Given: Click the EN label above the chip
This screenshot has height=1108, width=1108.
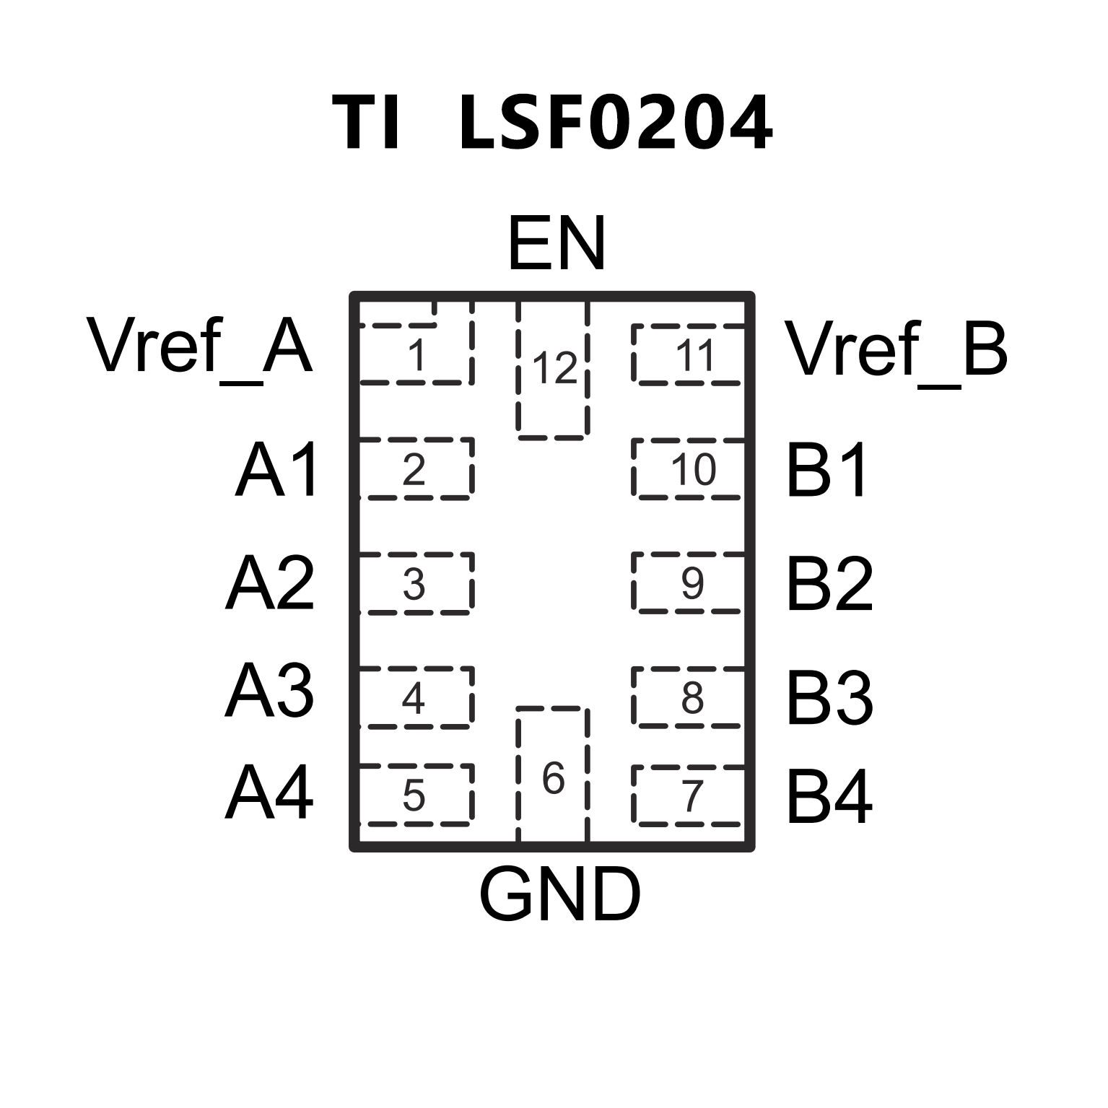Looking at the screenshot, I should (556, 245).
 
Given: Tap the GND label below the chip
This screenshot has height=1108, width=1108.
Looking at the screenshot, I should (559, 895).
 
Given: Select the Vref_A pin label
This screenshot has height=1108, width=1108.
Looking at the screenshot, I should (200, 348).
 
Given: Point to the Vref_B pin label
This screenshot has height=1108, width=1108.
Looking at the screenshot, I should (896, 349).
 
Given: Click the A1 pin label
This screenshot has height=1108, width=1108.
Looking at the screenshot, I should (277, 471).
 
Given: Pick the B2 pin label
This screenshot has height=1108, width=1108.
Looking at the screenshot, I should (829, 584).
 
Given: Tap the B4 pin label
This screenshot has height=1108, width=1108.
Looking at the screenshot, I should (829, 797).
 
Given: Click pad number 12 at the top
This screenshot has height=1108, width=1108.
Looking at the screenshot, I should (554, 368).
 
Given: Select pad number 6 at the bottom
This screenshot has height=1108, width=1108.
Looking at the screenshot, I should (553, 778).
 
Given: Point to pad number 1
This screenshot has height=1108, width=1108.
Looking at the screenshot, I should (416, 355).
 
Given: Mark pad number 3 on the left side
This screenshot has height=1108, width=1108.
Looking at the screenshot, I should (414, 584).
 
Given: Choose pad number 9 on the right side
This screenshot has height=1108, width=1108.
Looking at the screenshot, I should (692, 583).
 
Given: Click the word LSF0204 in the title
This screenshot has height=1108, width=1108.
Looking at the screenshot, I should (616, 123).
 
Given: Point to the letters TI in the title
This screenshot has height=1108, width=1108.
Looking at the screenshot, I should (366, 123).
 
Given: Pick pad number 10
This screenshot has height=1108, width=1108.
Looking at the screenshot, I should (692, 470).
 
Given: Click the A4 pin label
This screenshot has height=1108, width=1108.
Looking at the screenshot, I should (269, 794).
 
